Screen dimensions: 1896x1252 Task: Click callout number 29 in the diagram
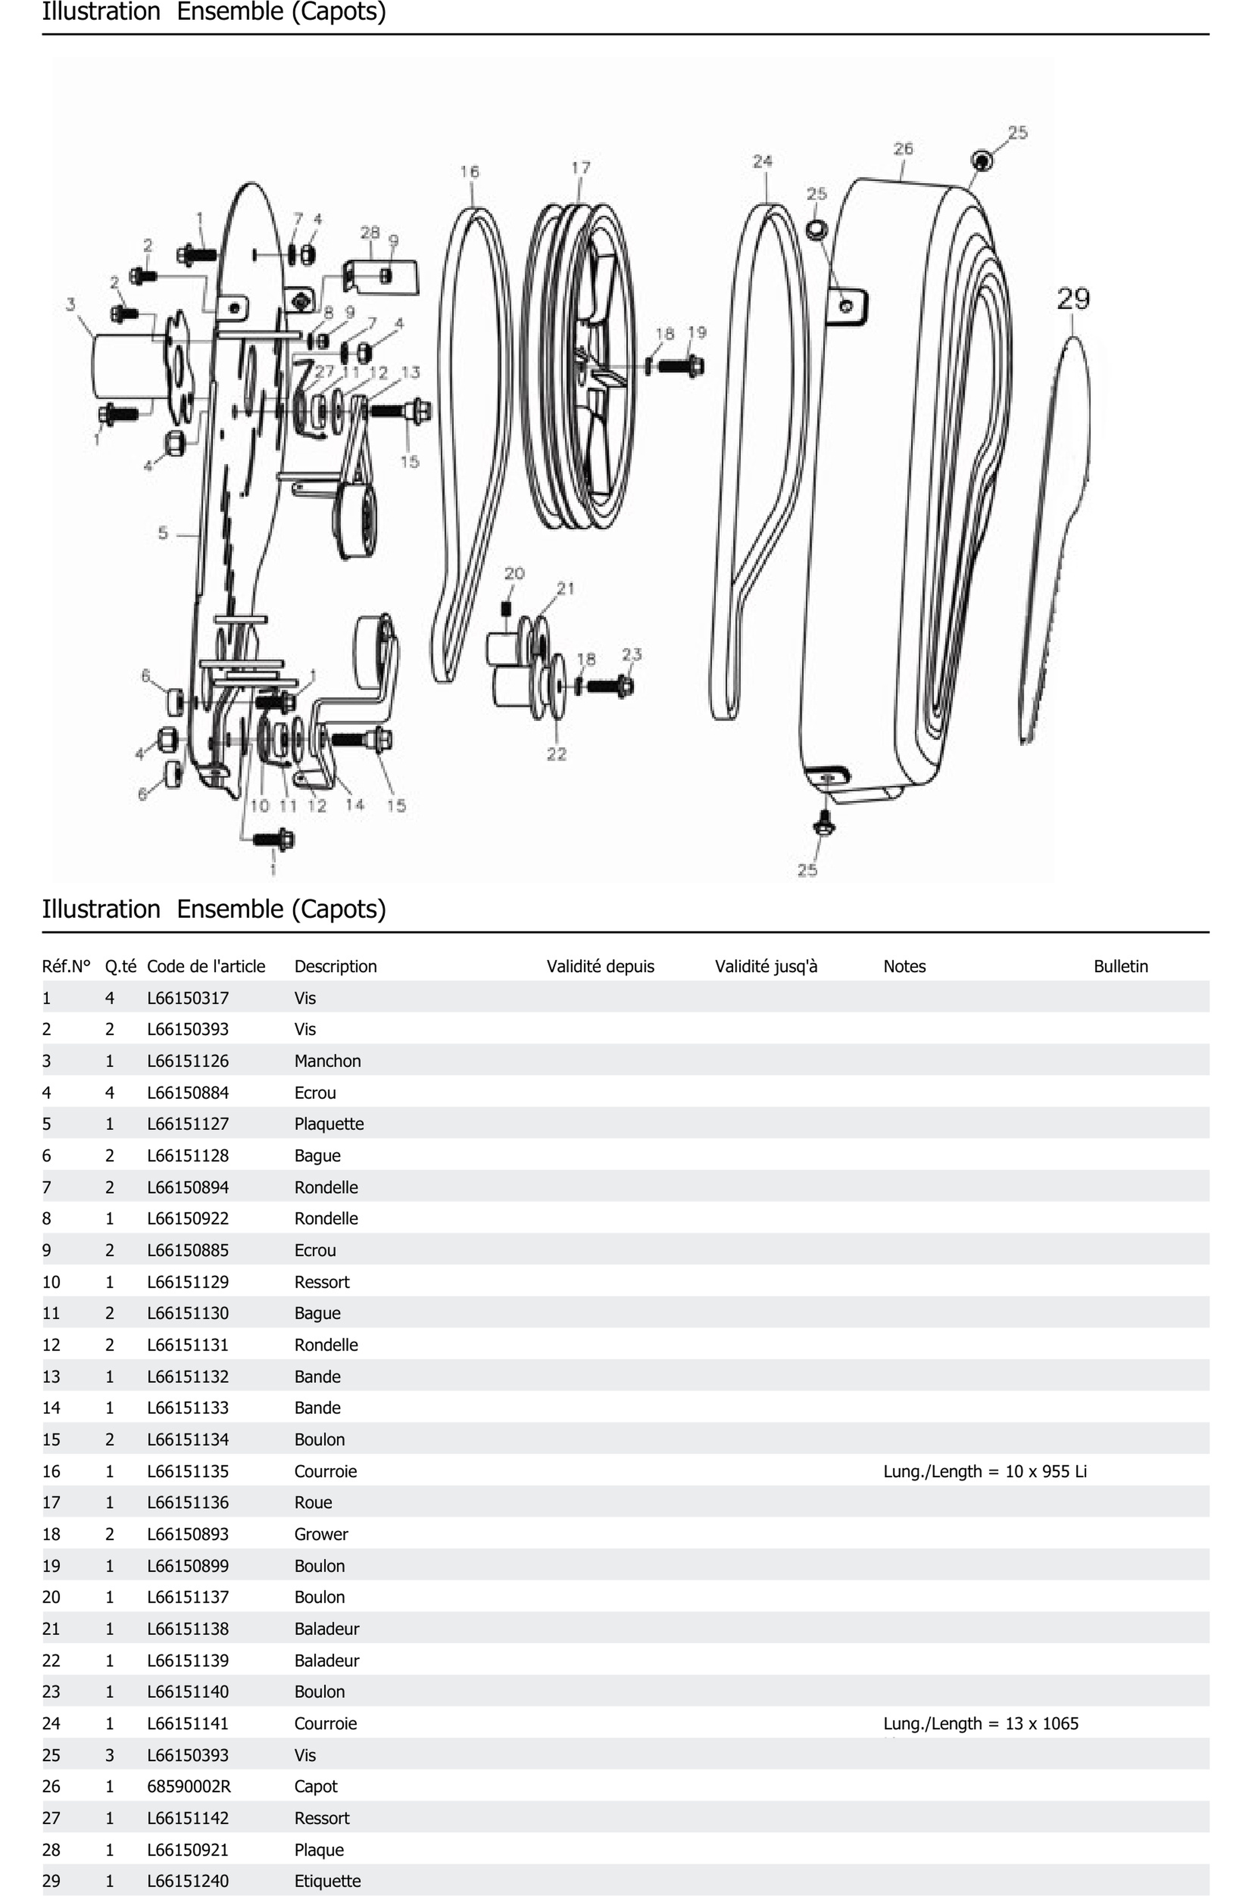[1072, 299]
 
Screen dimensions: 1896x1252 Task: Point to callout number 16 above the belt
[470, 172]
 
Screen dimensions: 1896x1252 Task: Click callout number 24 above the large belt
[763, 161]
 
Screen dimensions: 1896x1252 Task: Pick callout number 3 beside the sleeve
[71, 304]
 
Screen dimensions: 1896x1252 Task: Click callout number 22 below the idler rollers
[557, 754]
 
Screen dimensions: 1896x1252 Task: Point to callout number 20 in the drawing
[514, 573]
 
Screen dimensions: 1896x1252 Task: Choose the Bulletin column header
[1120, 966]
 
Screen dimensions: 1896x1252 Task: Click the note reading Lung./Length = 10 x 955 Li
[985, 1470]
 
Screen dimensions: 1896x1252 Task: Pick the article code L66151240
[187, 1880]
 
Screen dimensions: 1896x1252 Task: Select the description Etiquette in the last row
[327, 1880]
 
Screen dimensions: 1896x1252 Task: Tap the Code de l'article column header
[206, 966]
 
